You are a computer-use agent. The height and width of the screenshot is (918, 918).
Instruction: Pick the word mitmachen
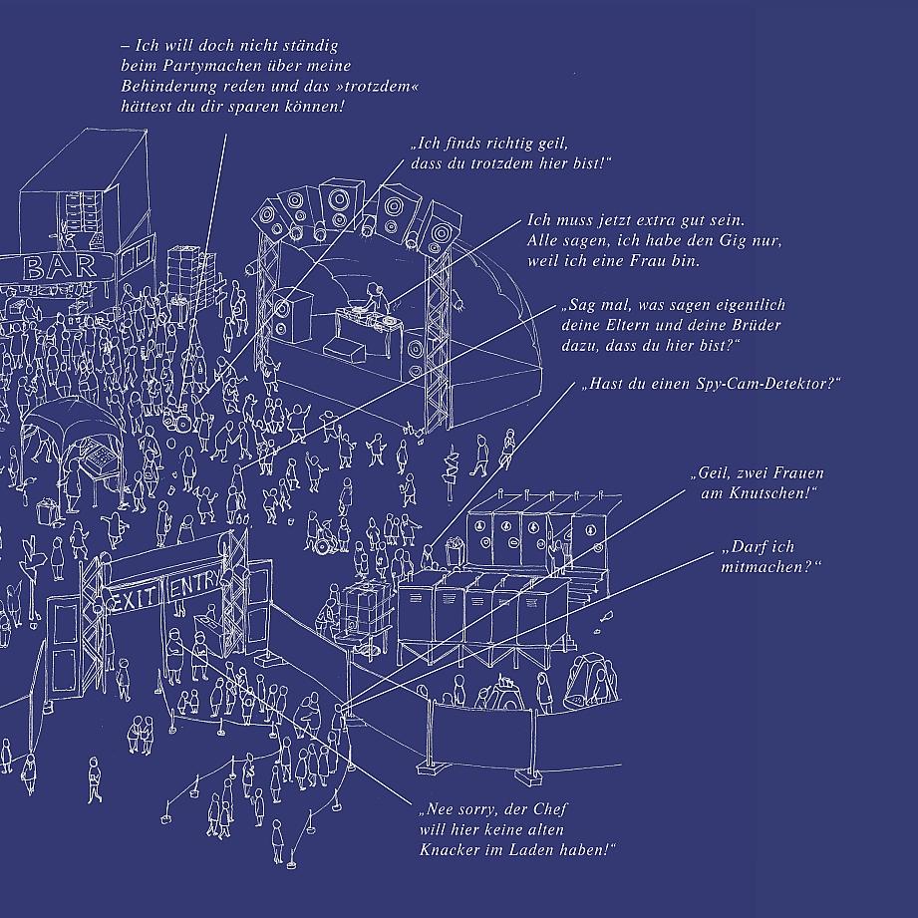[766, 566]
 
